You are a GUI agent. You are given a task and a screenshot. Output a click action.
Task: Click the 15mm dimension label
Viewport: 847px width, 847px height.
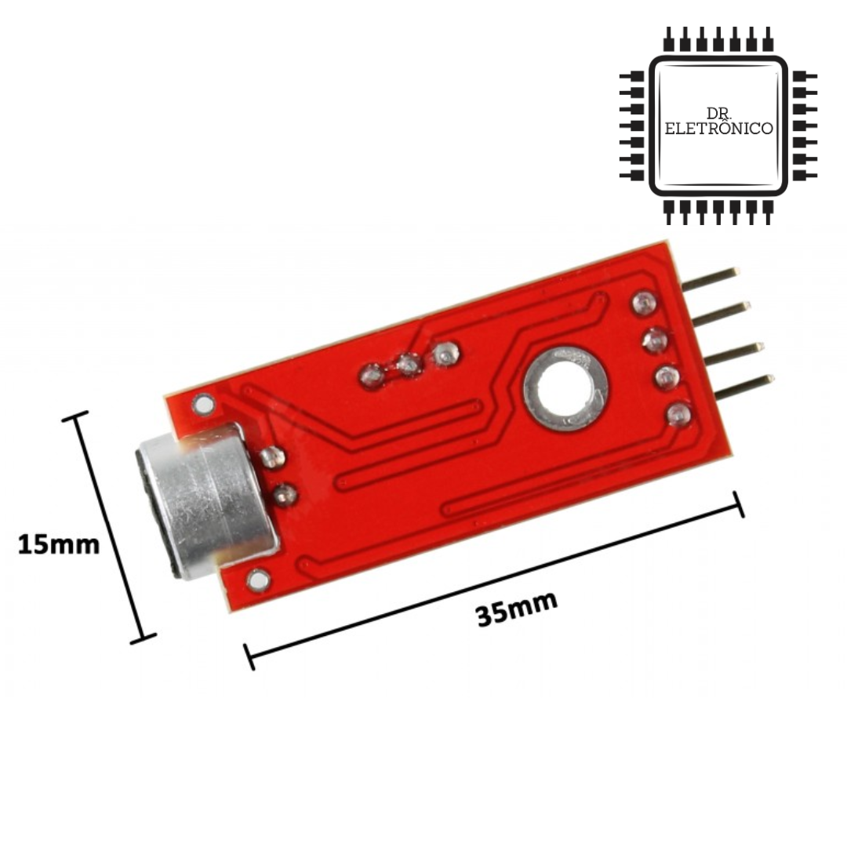[x=59, y=544]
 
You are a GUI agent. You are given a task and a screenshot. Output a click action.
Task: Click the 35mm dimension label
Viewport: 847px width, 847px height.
[x=516, y=609]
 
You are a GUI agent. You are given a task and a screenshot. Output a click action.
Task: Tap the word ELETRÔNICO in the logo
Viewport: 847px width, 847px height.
[x=718, y=129]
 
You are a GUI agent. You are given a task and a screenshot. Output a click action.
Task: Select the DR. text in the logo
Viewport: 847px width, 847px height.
[x=719, y=113]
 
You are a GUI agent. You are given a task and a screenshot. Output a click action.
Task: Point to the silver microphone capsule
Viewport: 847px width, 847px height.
[x=205, y=500]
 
